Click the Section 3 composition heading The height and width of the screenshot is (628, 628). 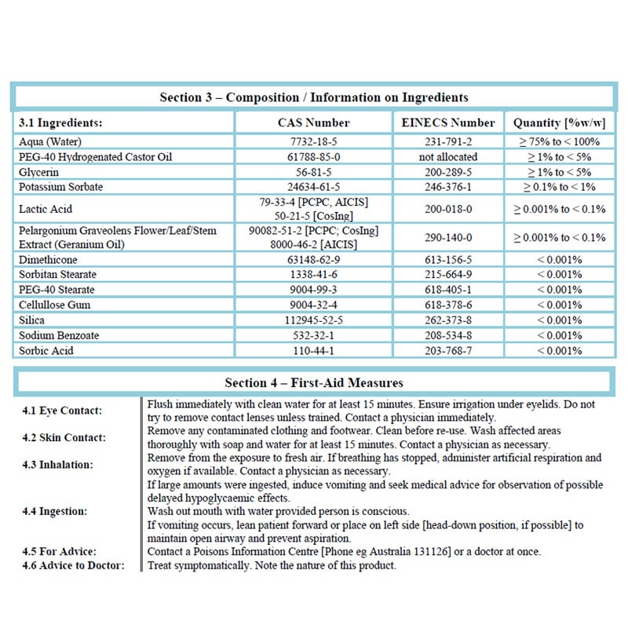click(x=314, y=97)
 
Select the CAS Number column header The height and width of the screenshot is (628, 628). click(x=313, y=122)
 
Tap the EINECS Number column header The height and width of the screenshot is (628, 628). click(x=447, y=122)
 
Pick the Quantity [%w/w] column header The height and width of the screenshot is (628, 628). click(x=558, y=122)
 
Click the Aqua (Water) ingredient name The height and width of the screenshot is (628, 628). click(x=51, y=142)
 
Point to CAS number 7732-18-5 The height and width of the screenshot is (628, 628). click(x=313, y=142)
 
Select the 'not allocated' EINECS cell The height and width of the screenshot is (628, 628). click(x=447, y=157)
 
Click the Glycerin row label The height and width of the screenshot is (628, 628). click(x=38, y=172)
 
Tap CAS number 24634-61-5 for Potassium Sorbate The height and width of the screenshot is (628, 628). click(x=313, y=187)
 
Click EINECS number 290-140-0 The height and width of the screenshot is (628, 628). click(x=447, y=237)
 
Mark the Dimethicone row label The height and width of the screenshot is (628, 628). click(x=49, y=259)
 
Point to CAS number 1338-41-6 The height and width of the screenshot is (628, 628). click(x=313, y=274)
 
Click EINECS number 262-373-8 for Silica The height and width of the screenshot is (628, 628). click(x=447, y=320)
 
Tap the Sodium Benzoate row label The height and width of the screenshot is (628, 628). click(x=59, y=335)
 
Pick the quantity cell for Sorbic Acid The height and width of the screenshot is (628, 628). click(x=558, y=350)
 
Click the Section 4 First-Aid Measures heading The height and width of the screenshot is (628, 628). click(x=314, y=382)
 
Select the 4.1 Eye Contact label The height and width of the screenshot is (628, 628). click(x=62, y=411)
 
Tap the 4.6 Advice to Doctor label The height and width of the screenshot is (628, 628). click(x=74, y=565)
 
